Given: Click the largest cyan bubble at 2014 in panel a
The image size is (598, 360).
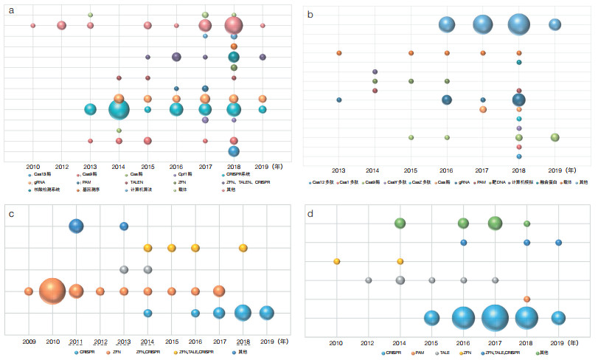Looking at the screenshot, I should coord(119,109).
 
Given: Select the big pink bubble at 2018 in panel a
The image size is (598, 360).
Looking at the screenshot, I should coord(233,26).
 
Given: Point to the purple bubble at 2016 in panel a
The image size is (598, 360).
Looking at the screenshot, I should coord(176,57).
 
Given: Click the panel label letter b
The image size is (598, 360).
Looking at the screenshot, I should coord(310,14).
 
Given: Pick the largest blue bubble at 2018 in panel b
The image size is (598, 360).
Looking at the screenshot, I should coord(518,24).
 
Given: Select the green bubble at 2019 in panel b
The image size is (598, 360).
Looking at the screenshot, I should coord(554,137).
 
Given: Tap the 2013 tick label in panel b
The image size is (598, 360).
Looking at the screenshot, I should coord(339,170).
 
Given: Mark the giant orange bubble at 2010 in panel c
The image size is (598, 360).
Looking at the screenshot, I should coord(52,291).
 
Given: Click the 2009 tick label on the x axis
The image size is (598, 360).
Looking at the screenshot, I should coord(29,341).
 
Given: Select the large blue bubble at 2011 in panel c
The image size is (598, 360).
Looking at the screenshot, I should coord(76,226).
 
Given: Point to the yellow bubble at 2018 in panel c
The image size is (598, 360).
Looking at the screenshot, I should coord(243,248).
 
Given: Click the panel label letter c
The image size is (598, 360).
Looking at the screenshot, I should coord(10,213).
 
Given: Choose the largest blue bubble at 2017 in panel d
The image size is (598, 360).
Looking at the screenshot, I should coord(495,318).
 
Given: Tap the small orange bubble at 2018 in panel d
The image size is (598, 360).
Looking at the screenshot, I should coord(526,299).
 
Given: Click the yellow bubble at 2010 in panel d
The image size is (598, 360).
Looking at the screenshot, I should coord(337,261).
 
